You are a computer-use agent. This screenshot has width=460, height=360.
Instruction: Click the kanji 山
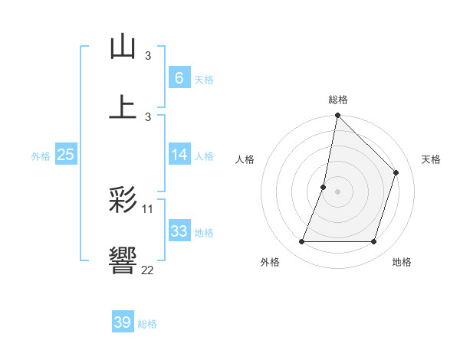point(123,47)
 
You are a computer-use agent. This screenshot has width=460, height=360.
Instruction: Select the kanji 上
point(123,106)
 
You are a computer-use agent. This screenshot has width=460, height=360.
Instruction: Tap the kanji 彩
point(123,201)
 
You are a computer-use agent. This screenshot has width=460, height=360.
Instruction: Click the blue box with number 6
point(179,77)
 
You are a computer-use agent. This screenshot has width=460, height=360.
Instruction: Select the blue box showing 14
point(179,155)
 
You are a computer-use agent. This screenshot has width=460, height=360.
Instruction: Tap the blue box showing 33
point(179,231)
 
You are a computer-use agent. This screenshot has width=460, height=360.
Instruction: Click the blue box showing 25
point(65,155)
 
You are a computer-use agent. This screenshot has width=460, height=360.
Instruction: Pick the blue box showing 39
point(122,322)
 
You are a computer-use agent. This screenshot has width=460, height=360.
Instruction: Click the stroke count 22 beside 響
point(147,270)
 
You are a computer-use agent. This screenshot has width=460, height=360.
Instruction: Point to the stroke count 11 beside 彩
point(148,208)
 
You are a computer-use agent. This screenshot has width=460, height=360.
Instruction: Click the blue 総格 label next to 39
point(147,324)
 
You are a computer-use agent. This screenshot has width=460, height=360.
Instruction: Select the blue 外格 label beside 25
point(41,155)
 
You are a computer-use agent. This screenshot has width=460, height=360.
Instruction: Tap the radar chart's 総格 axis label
point(337,100)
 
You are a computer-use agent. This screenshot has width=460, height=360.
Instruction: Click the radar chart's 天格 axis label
point(431,159)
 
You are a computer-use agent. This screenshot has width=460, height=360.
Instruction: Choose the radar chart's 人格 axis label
point(245,159)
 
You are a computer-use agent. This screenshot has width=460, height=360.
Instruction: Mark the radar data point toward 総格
point(337,116)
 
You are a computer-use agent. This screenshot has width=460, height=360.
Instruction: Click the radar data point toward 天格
point(396,172)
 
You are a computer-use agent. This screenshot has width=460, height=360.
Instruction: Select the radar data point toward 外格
point(301,242)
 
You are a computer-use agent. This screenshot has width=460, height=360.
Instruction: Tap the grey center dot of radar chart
point(337,191)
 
